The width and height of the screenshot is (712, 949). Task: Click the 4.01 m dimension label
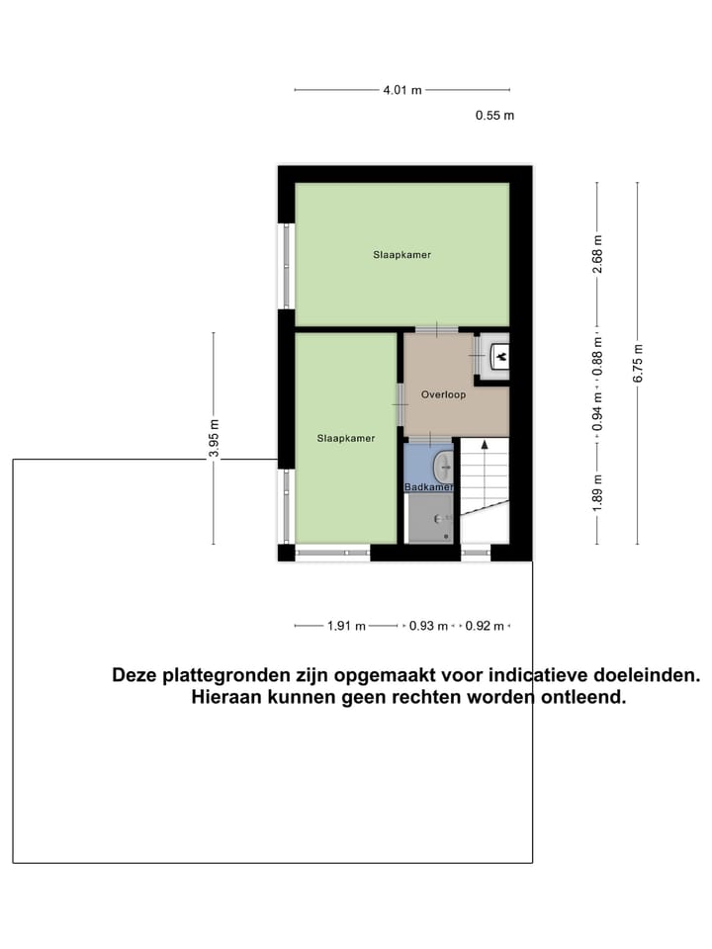402,90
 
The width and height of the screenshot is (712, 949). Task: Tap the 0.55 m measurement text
494,116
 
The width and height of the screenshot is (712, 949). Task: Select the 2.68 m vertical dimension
597,253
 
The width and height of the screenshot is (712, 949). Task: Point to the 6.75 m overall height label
638,363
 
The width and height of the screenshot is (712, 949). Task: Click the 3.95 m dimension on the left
214,438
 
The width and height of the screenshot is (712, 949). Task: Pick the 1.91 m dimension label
346,626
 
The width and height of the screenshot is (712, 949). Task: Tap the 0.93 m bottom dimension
428,626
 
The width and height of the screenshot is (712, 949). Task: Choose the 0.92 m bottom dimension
485,626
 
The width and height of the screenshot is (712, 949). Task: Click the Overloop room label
442,394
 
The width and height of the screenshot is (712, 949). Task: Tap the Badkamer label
429,487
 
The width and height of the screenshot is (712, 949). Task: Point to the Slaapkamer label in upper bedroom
401,255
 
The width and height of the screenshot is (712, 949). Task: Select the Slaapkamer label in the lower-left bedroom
346,438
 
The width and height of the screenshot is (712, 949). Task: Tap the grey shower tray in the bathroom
431,517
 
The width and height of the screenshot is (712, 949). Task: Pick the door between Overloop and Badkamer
428,437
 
